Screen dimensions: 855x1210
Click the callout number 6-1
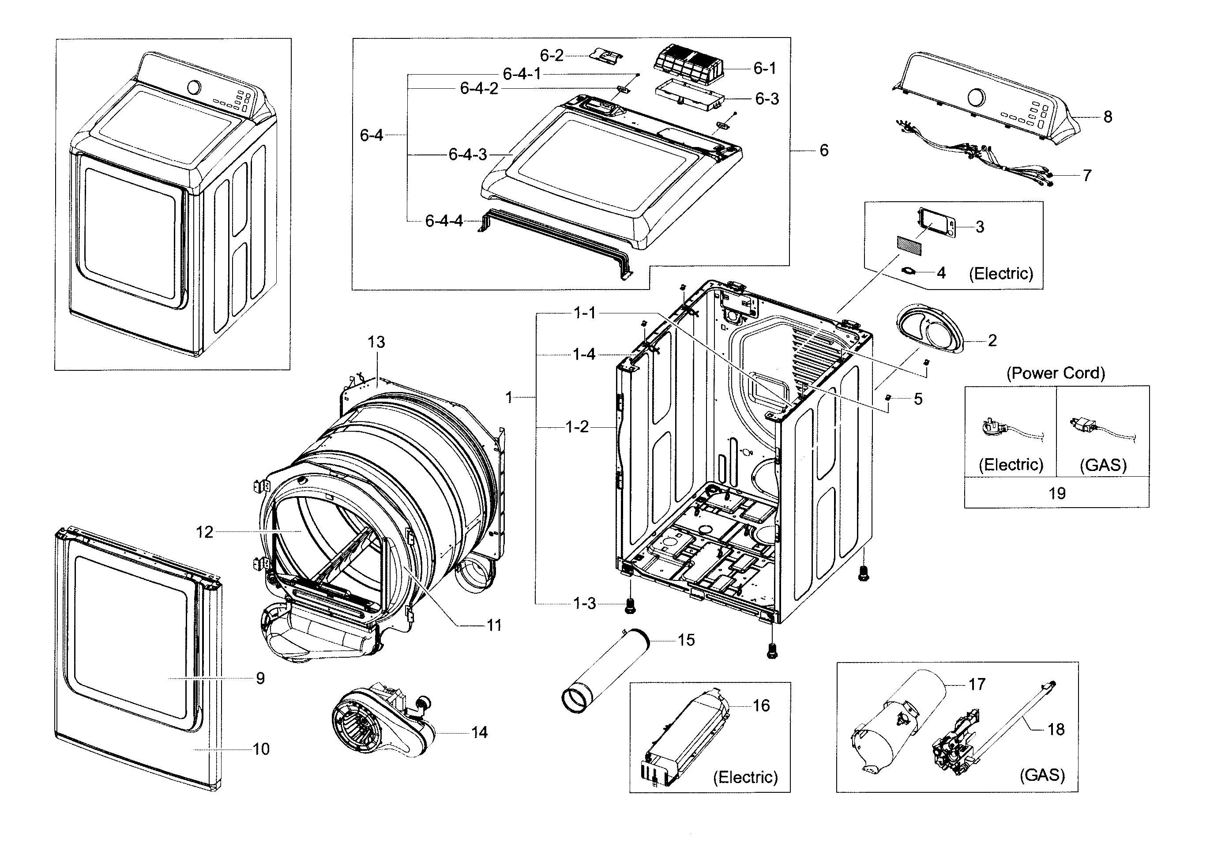(x=764, y=68)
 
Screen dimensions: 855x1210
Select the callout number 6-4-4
(x=444, y=221)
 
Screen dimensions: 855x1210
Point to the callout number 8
(x=1108, y=117)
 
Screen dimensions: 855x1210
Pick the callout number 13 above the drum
(x=376, y=342)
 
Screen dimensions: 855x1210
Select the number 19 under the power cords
(x=1056, y=493)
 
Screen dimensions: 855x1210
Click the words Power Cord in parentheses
(x=1056, y=373)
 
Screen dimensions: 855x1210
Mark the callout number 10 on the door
(x=261, y=749)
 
